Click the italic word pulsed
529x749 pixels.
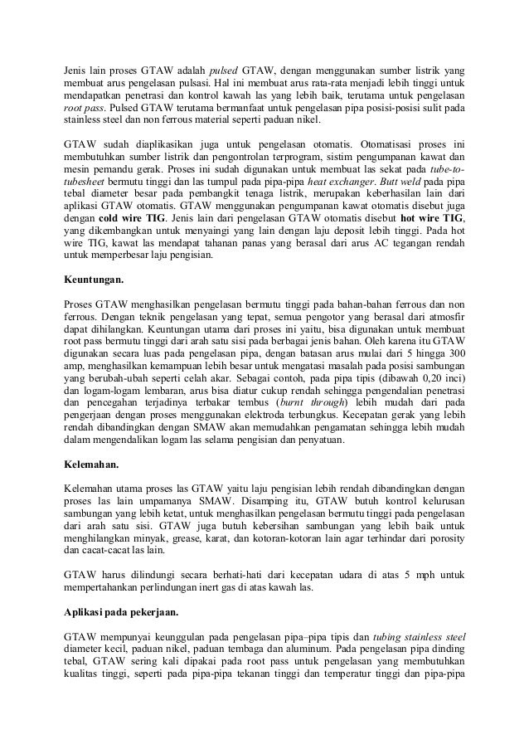(222, 69)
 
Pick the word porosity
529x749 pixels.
(442, 537)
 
